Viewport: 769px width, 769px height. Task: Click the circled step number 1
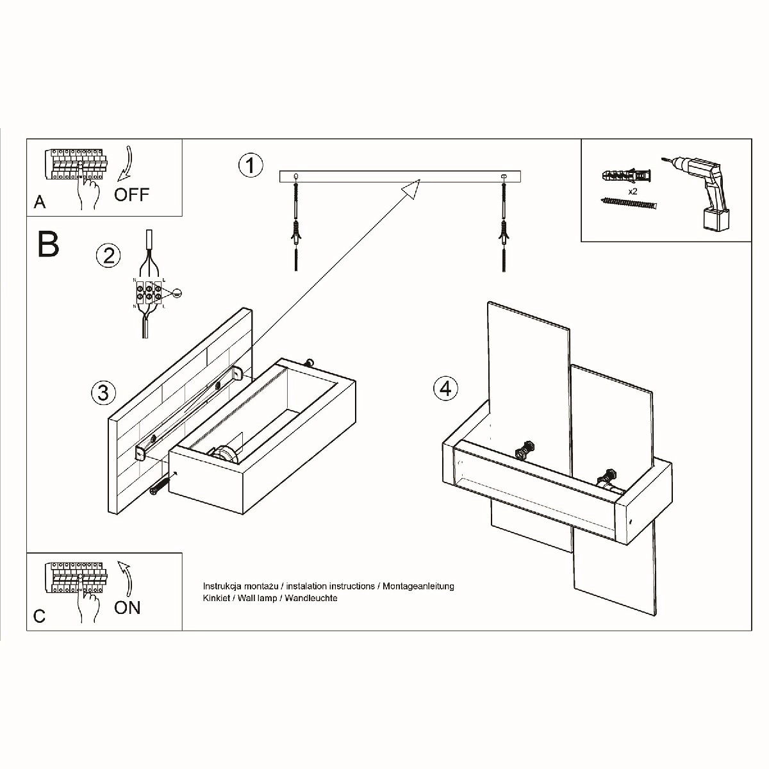click(251, 165)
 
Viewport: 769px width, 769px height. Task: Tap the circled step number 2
click(108, 255)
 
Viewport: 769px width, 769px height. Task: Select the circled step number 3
click(103, 392)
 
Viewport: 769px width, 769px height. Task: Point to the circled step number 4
click(446, 388)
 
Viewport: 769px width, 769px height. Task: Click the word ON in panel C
click(127, 607)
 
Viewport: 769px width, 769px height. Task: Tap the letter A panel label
click(40, 203)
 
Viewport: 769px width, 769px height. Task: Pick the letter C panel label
click(40, 616)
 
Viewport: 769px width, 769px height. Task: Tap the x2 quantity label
click(633, 191)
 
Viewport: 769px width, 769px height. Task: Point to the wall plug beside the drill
click(626, 174)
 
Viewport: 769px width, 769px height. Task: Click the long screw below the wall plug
click(629, 204)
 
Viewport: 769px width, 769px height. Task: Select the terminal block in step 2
click(149, 292)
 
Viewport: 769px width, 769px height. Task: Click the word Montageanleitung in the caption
click(418, 586)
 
